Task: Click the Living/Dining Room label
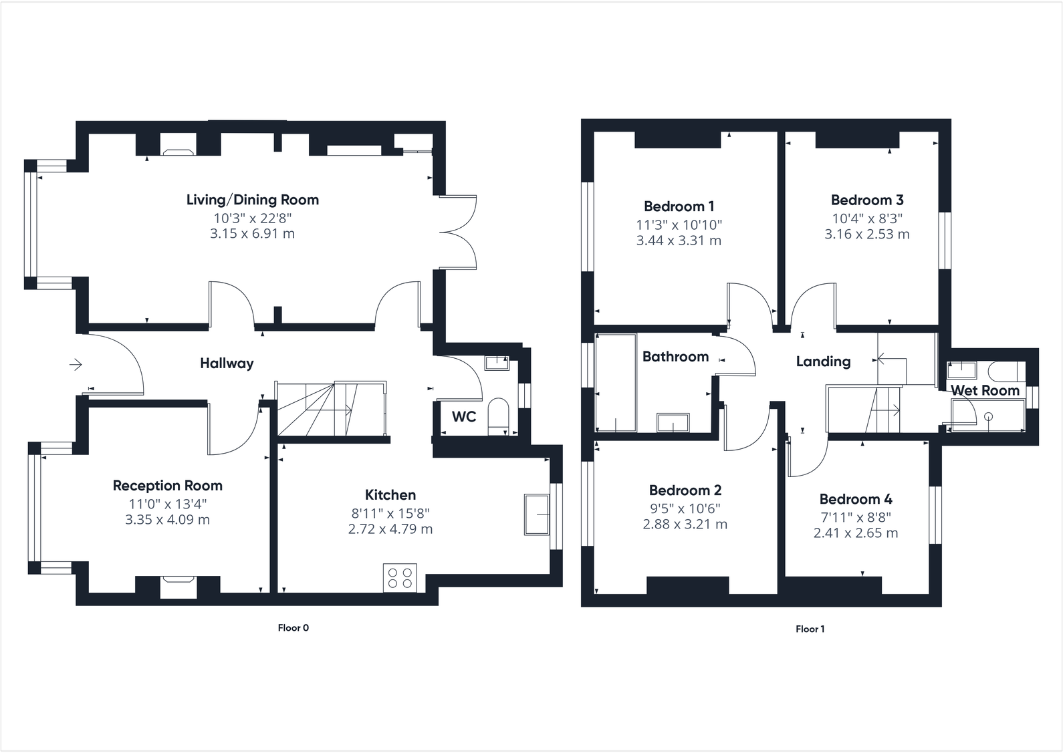pos(252,200)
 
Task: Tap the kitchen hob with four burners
pos(400,578)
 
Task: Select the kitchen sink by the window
pos(537,514)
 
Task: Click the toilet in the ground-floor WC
pos(499,416)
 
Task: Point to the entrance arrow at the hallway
pos(76,364)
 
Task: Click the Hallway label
pos(227,363)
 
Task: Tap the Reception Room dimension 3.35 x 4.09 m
pos(167,520)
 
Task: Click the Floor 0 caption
pos(293,628)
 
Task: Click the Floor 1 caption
pos(810,629)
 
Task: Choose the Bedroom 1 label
pos(679,206)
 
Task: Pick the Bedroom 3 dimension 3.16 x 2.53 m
pos(866,235)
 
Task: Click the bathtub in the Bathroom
pos(616,383)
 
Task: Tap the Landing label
pos(823,361)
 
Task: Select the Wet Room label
pos(985,390)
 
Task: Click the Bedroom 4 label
pos(856,499)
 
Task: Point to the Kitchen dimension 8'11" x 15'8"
pos(390,513)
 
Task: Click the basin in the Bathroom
pos(673,423)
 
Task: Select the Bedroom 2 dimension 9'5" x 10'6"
pos(685,508)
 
